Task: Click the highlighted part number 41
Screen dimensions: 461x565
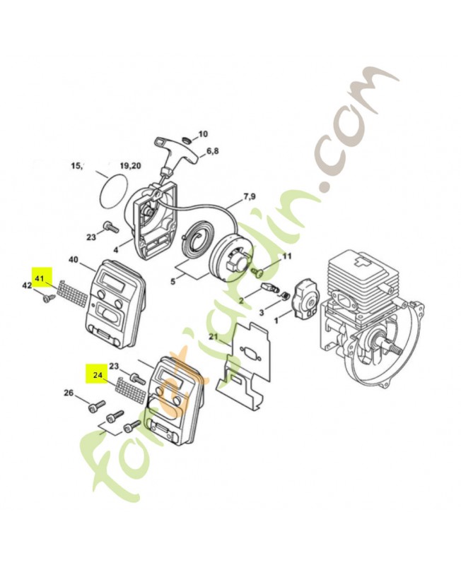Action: [39, 278]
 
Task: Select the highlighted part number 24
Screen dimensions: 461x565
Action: [98, 375]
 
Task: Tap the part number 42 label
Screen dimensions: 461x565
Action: [27, 285]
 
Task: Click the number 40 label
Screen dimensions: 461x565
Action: [73, 259]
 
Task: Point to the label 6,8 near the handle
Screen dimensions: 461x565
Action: [212, 150]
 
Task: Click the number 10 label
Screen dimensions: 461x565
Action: [203, 134]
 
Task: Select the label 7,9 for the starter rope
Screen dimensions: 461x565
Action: [250, 196]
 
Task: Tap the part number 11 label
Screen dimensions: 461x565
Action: [286, 256]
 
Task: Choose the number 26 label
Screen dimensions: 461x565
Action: [69, 393]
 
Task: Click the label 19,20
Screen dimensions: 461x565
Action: [130, 166]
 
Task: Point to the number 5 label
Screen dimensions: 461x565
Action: [173, 281]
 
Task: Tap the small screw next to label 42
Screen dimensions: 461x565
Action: [48, 298]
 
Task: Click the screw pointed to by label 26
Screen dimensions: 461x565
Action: [96, 405]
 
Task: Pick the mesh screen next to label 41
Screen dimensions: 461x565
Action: [73, 295]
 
